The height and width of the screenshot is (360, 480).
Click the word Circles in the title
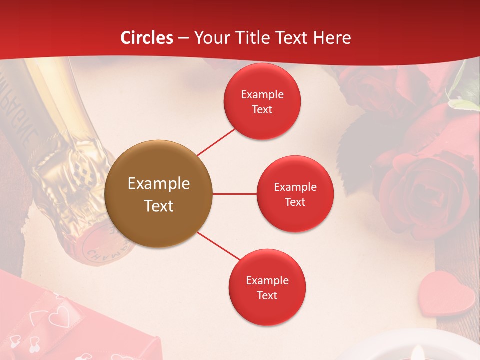(x=146, y=38)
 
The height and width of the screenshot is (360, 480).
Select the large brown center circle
(x=159, y=194)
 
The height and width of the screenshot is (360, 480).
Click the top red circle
(x=262, y=101)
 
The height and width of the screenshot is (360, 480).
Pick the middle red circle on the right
(x=295, y=194)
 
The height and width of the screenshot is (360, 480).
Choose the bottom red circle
(x=267, y=287)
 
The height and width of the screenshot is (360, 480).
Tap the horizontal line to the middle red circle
(x=234, y=194)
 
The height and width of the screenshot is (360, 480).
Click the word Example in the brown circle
(x=159, y=184)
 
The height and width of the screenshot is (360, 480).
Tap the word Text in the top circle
(x=262, y=109)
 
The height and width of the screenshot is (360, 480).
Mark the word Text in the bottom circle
(x=267, y=295)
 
